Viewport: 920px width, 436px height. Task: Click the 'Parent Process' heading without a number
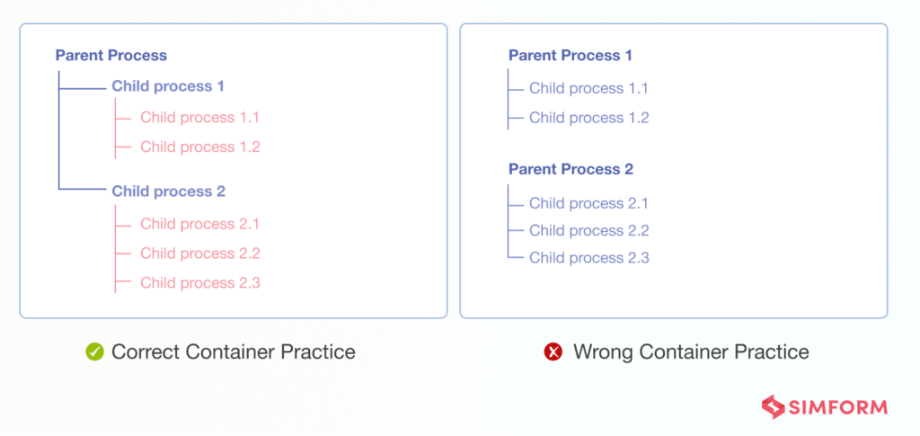pyautogui.click(x=111, y=56)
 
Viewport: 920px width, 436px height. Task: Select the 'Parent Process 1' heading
pyautogui.click(x=571, y=56)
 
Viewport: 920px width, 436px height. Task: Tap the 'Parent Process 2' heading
pyautogui.click(x=571, y=169)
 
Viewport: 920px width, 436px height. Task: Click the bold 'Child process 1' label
pyautogui.click(x=168, y=86)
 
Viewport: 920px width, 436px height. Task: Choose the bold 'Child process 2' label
pyautogui.click(x=168, y=191)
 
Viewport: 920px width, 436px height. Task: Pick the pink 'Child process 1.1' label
pyautogui.click(x=199, y=118)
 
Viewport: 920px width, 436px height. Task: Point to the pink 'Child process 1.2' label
pyautogui.click(x=199, y=147)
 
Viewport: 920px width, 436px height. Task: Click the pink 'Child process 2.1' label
pyautogui.click(x=199, y=224)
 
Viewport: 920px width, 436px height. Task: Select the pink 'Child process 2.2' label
pyautogui.click(x=199, y=254)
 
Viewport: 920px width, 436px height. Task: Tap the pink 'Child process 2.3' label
pyautogui.click(x=199, y=283)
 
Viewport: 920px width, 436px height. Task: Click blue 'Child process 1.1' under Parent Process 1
pyautogui.click(x=588, y=88)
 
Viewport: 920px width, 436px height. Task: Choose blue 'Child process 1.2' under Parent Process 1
pyautogui.click(x=588, y=118)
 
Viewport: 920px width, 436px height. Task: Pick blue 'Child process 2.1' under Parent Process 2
pyautogui.click(x=588, y=203)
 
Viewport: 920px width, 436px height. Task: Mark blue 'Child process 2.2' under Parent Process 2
pyautogui.click(x=588, y=230)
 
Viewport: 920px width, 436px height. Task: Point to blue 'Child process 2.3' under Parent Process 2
pyautogui.click(x=588, y=258)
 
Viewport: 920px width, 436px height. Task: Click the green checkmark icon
pyautogui.click(x=94, y=352)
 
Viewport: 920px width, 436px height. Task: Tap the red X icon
pyautogui.click(x=553, y=352)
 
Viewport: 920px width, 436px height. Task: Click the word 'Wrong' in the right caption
pyautogui.click(x=603, y=352)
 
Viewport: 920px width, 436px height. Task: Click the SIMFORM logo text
pyautogui.click(x=838, y=407)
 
